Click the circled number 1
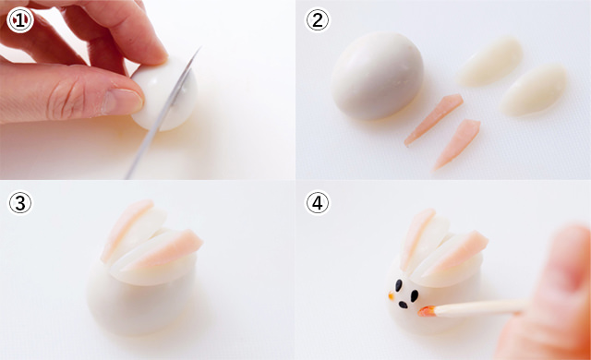pos(20,20)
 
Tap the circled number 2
pos(317,20)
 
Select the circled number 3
pos(20,202)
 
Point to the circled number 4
pos(317,202)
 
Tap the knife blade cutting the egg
pos(163,113)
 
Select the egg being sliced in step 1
pos(166,94)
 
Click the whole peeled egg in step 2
pos(377,76)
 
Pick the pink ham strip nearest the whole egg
pos(433,119)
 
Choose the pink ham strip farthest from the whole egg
pos(457,144)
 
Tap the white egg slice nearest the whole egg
pos(490,62)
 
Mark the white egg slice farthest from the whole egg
pos(534,90)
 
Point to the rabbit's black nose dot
pos(403,305)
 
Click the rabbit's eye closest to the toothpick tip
pos(415,295)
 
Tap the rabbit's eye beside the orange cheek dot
pos(398,285)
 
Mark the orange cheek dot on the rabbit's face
pos(392,295)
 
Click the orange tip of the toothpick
pos(427,311)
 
